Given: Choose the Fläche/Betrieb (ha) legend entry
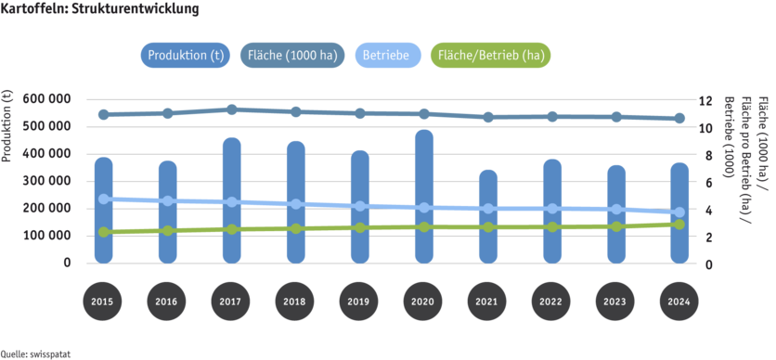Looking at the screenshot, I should [x=490, y=54].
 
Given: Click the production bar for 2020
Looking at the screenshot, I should [x=423, y=195].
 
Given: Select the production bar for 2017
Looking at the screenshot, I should [x=231, y=199].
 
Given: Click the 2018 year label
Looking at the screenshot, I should [x=295, y=302].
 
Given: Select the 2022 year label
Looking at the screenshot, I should [x=551, y=302].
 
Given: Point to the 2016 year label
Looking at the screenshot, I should [x=167, y=302].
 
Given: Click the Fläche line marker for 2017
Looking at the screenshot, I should [x=231, y=109].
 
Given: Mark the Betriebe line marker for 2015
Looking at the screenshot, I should [x=103, y=199].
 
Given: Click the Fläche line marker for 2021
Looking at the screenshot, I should [x=487, y=118].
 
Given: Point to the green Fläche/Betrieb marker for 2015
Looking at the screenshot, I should [x=103, y=232].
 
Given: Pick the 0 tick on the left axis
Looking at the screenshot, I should [x=68, y=263].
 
